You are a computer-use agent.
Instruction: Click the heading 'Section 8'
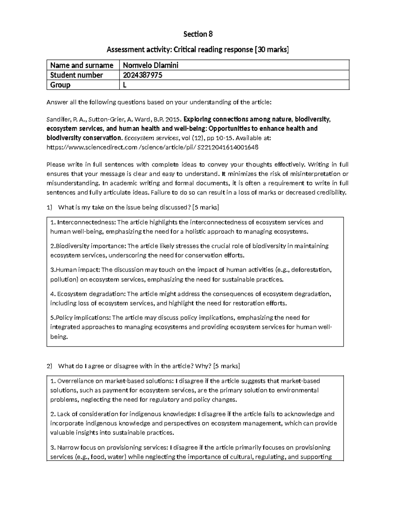(x=198, y=34)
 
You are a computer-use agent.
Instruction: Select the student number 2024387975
(x=142, y=75)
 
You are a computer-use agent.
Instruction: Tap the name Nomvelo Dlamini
(x=150, y=65)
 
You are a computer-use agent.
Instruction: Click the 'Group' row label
(x=60, y=85)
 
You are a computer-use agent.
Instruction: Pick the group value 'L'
(x=125, y=85)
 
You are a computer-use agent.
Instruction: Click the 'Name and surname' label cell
(x=82, y=65)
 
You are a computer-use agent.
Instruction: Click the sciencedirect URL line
(x=152, y=147)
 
